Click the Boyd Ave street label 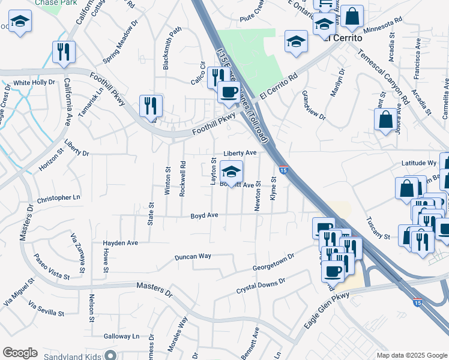click(204, 215)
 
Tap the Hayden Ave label click(121, 243)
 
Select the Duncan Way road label click(193, 256)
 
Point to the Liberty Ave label click(240, 153)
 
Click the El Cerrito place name click(343, 38)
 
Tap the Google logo click(20, 353)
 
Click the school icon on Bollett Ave click(231, 173)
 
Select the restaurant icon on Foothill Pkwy click(150, 106)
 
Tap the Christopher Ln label click(58, 198)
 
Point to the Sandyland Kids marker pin click(110, 355)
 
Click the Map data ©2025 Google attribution click(411, 355)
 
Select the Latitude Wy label click(418, 163)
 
